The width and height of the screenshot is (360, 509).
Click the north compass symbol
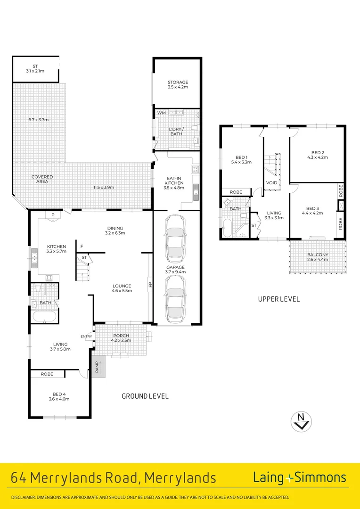click(301, 421)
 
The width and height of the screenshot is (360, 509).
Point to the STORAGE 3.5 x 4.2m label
click(178, 85)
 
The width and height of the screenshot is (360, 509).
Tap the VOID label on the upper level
click(271, 183)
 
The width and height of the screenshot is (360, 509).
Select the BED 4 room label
click(59, 396)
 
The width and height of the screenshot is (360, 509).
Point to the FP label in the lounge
click(150, 284)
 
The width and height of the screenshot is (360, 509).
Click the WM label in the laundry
click(161, 113)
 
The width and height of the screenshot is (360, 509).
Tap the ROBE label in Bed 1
click(236, 192)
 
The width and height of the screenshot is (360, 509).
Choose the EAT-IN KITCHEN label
click(174, 183)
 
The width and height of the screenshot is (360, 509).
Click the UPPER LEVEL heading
click(278, 299)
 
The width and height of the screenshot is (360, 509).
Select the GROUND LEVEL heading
click(145, 396)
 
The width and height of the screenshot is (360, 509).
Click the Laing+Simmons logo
click(299, 477)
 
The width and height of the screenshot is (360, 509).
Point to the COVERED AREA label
click(42, 179)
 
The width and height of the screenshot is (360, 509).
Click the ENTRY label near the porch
click(87, 336)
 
